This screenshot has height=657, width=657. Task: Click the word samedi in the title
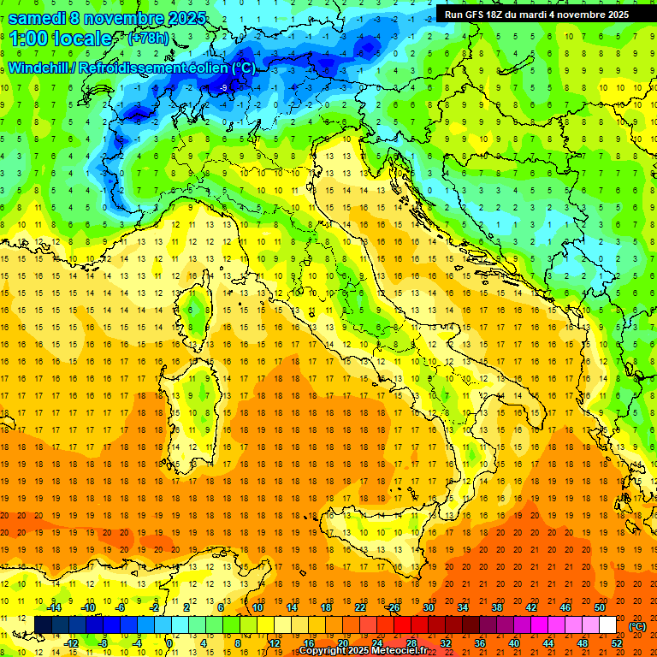[x=39, y=18]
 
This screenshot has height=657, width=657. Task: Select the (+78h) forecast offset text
[x=148, y=38]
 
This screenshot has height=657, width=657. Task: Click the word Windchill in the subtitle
[x=39, y=68]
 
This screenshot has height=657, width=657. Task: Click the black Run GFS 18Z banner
[x=536, y=14]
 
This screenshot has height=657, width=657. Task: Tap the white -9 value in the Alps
[x=223, y=87]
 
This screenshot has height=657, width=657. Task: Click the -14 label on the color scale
[x=53, y=607]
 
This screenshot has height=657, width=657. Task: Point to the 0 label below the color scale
[x=169, y=643]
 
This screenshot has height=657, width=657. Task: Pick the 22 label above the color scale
[x=360, y=607]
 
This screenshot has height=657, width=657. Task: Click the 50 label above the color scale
[x=600, y=607]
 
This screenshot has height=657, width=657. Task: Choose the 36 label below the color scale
[x=480, y=643]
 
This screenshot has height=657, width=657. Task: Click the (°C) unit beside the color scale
[x=636, y=626]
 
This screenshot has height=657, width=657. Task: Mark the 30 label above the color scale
[x=429, y=607]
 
